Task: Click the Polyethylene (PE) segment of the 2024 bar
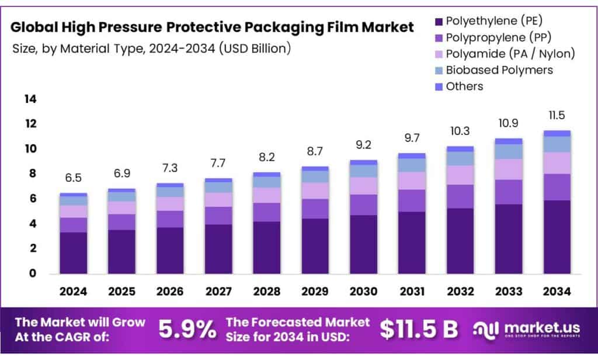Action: pyautogui.click(x=73, y=252)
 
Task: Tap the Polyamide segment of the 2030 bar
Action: pyautogui.click(x=363, y=186)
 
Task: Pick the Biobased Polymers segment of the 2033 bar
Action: pyautogui.click(x=507, y=151)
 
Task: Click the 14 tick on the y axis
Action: pyautogui.click(x=30, y=99)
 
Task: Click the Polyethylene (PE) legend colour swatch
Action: pyautogui.click(x=438, y=22)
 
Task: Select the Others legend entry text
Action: pyautogui.click(x=464, y=86)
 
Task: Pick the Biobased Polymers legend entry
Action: pyautogui.click(x=499, y=70)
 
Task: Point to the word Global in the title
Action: pyautogui.click(x=36, y=27)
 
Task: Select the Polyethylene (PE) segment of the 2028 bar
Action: pyautogui.click(x=266, y=247)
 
